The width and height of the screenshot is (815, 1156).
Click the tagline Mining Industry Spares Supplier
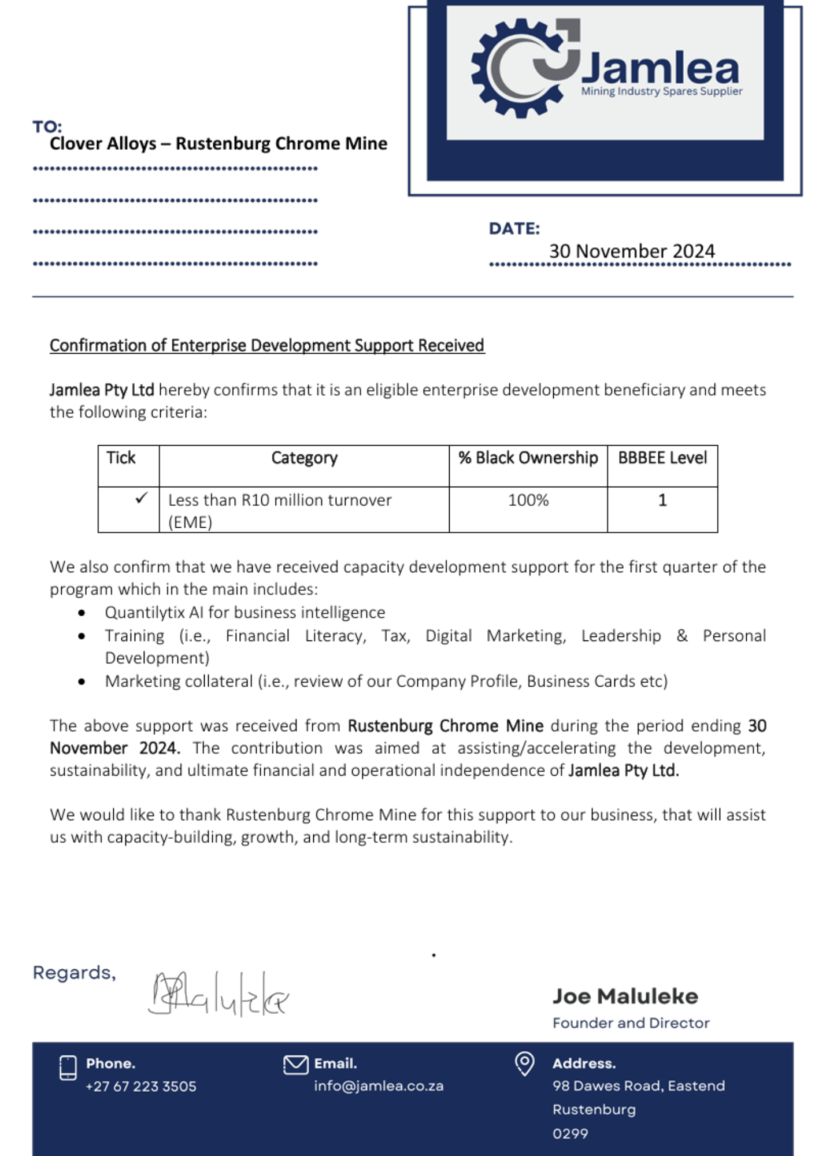click(x=661, y=91)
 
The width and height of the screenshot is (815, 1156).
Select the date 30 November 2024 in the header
click(x=632, y=251)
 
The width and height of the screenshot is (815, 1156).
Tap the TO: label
click(x=47, y=127)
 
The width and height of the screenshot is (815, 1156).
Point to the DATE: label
click(x=514, y=229)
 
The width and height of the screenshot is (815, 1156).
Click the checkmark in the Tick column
click(x=141, y=498)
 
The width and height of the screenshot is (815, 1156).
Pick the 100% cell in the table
click(x=528, y=500)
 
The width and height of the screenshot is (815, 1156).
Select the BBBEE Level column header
click(x=662, y=458)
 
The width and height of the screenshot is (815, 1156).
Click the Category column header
click(x=304, y=458)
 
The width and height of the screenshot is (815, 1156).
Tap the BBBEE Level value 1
click(x=662, y=500)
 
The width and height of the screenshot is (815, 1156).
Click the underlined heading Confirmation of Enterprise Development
click(x=266, y=345)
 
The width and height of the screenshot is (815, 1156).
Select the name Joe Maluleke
click(x=625, y=996)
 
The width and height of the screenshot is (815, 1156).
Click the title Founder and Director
click(x=631, y=1023)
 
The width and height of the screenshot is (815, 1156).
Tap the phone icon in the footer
click(x=68, y=1068)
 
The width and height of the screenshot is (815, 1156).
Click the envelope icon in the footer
click(x=295, y=1065)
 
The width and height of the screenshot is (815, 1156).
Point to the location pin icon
click(x=524, y=1064)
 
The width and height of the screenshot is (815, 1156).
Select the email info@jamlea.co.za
click(x=379, y=1086)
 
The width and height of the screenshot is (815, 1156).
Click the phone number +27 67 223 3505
click(x=141, y=1087)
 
